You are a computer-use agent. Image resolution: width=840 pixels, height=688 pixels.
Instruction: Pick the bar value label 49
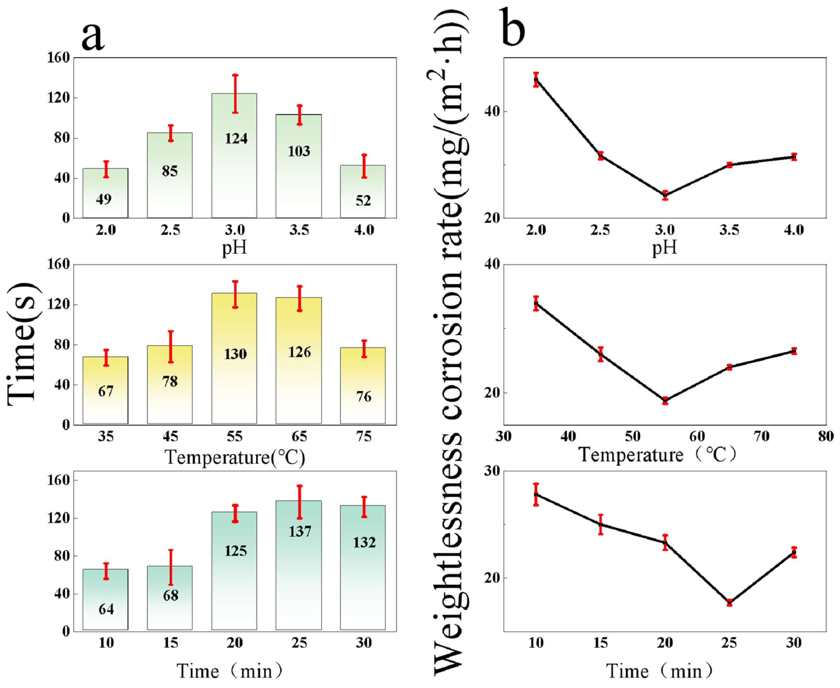tap(104, 199)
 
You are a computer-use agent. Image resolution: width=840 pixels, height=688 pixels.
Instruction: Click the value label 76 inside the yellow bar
tap(363, 397)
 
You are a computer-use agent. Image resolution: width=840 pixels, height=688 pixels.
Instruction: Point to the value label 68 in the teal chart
tap(171, 595)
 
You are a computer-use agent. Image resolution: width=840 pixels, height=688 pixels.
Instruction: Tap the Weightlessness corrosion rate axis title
tap(450, 341)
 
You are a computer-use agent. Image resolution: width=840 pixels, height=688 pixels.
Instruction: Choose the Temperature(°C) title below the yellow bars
tap(235, 457)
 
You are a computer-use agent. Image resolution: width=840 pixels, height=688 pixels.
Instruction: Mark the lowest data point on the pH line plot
tap(665, 195)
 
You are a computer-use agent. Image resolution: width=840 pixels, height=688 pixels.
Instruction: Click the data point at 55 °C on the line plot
tap(665, 400)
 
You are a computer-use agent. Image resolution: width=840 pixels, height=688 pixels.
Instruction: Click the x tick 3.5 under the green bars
tap(299, 230)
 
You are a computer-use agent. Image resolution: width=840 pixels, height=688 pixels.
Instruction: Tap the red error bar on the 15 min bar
tap(171, 568)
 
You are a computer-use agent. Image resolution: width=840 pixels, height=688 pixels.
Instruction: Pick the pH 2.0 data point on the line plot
tap(536, 80)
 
